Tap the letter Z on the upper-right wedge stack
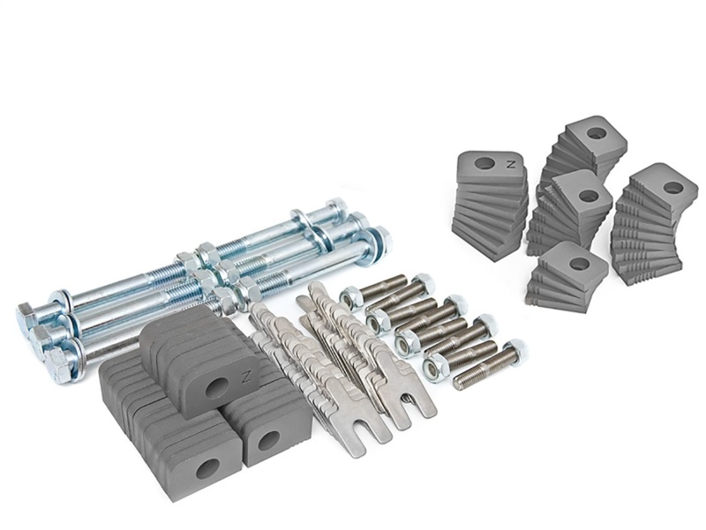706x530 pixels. (x=509, y=162)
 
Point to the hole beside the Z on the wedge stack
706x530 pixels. (x=484, y=163)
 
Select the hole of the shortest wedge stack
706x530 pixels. (x=579, y=263)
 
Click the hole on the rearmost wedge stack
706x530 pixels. (x=597, y=133)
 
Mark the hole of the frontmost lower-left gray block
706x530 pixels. (x=208, y=468)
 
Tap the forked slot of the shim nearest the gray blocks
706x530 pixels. (x=349, y=446)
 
